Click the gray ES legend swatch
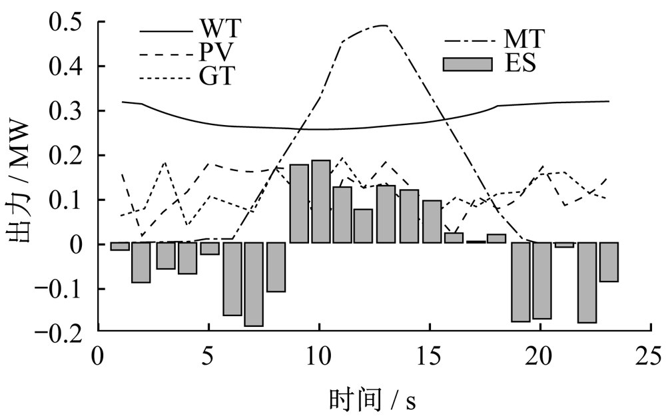468,65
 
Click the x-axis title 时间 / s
373,399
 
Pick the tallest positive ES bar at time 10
320,202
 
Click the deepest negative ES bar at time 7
254,284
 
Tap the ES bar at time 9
299,204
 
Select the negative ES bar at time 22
586,282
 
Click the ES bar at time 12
363,226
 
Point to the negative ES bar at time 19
520,282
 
